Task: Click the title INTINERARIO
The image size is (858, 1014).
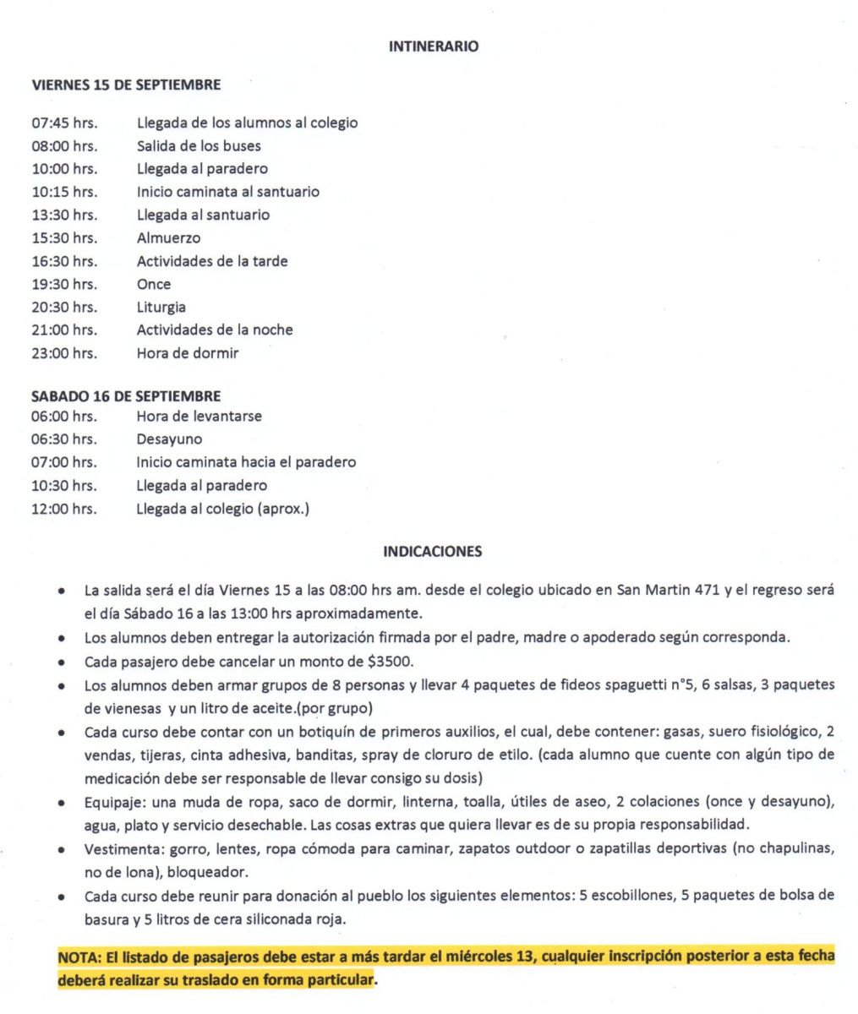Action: (433, 46)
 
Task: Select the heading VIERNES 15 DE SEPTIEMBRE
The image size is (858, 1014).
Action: (126, 84)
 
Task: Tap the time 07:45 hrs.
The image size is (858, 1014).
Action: (64, 123)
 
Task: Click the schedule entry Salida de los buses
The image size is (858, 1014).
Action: (199, 146)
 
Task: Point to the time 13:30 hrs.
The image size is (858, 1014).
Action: (64, 215)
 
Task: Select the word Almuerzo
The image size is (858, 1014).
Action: (168, 238)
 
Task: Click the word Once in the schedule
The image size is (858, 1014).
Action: (153, 285)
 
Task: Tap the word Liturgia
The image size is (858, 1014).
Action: (161, 308)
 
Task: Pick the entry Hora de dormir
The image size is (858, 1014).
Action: (187, 353)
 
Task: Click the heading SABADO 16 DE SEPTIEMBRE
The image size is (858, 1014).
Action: (126, 395)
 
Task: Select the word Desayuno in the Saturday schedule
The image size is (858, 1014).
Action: (169, 439)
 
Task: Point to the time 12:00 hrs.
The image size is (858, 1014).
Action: (64, 509)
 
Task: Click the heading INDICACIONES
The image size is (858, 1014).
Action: (433, 552)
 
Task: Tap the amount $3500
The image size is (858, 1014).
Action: (391, 661)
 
